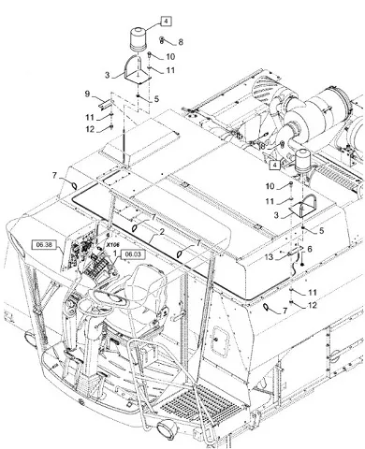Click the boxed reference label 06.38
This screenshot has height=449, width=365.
[x=45, y=245]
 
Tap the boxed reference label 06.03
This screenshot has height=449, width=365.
[x=133, y=254]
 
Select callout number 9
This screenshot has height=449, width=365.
[x=87, y=94]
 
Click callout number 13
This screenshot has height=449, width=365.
[x=269, y=257]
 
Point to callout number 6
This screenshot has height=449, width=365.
[x=310, y=249]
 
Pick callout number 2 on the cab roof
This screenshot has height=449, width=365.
[x=162, y=232]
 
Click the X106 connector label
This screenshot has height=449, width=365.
[x=113, y=245]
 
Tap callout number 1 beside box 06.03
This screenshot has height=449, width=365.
[x=115, y=253]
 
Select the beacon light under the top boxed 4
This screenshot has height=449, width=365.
[x=139, y=39]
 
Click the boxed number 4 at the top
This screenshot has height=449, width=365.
[x=166, y=22]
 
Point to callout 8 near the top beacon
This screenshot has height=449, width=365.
[x=181, y=42]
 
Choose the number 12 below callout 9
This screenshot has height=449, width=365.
[x=90, y=129]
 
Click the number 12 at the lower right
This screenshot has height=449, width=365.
[x=312, y=305]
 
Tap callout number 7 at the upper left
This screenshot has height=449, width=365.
[x=55, y=176]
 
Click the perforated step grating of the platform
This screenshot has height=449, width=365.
[x=199, y=405]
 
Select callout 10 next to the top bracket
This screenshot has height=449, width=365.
[x=170, y=57]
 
